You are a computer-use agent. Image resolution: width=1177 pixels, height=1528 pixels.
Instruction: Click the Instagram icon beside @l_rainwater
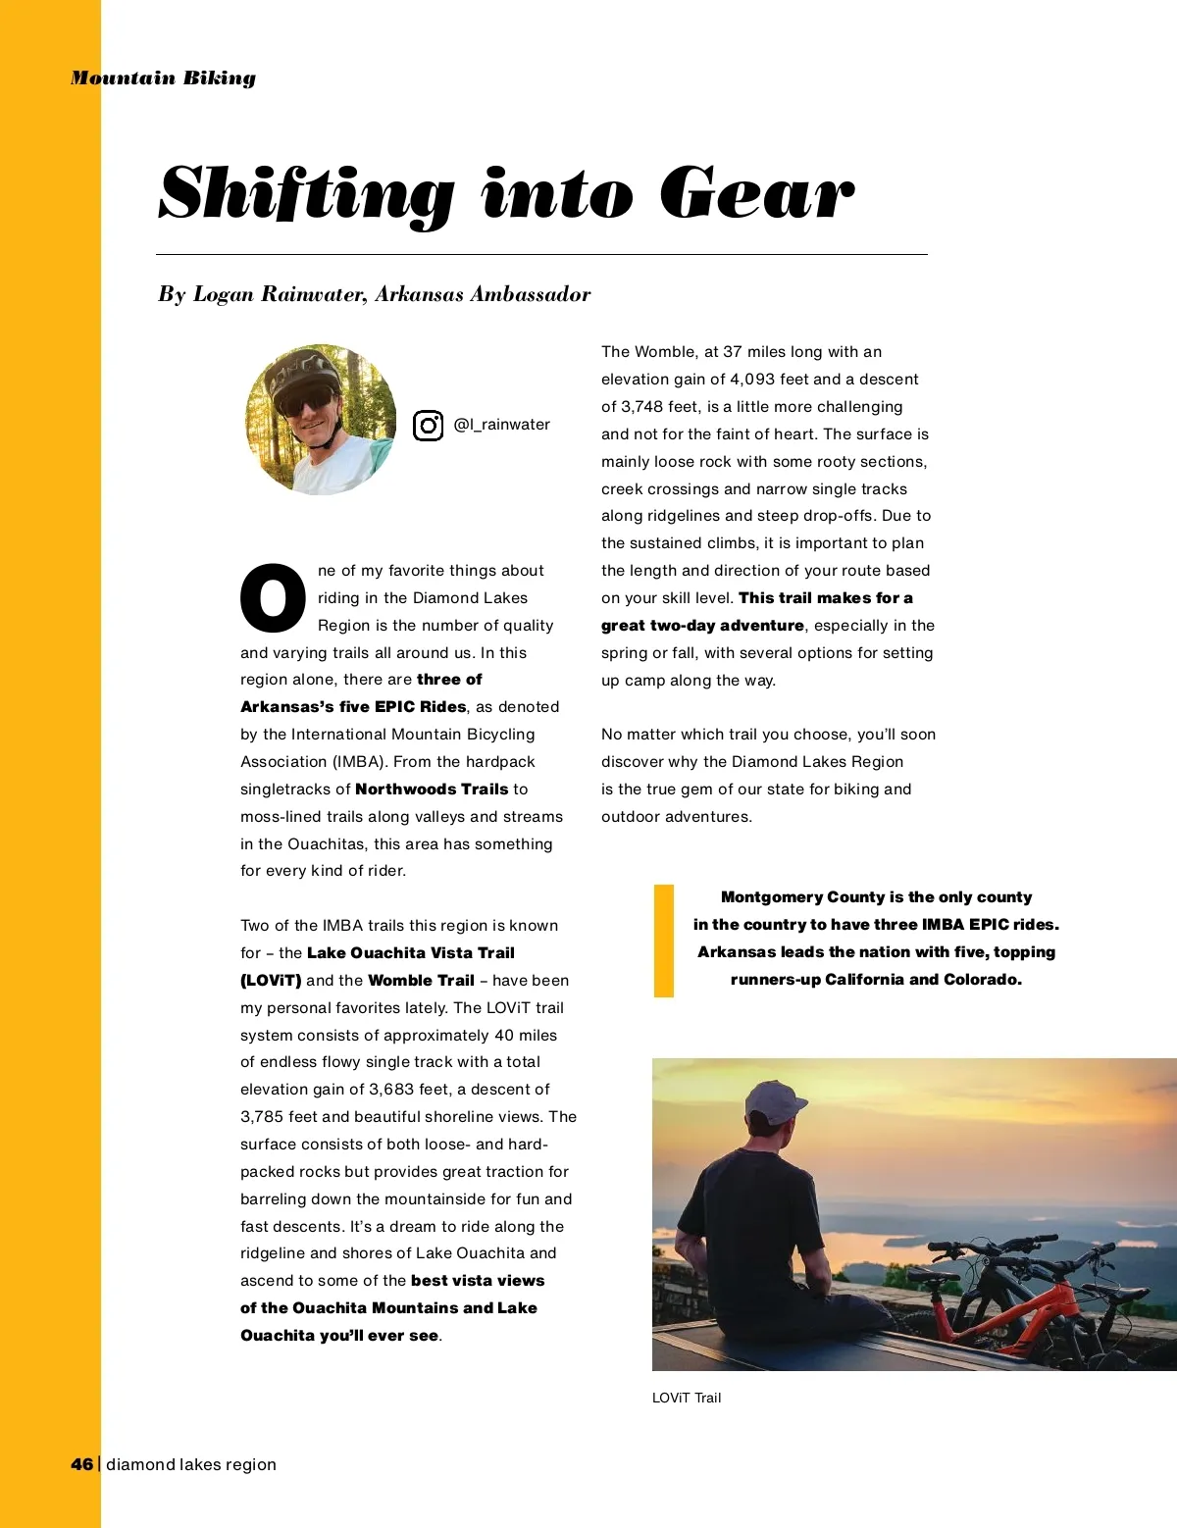[428, 426]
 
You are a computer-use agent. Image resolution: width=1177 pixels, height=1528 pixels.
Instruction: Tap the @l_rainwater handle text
[501, 425]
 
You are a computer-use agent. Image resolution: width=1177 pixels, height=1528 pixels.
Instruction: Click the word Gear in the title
[756, 193]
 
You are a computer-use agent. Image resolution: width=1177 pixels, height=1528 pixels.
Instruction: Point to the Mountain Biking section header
[163, 78]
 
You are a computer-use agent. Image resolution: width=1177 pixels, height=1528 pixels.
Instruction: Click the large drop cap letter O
[273, 597]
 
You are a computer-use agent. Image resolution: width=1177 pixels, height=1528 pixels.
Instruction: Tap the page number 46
[81, 1464]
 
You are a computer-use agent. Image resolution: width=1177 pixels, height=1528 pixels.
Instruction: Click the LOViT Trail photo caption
[687, 1398]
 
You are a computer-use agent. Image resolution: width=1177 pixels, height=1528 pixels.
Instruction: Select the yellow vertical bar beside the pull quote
[664, 941]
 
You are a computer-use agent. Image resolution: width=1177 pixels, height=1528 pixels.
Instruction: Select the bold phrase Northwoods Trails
[432, 789]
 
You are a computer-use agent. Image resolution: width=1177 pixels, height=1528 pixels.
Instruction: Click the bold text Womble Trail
[421, 981]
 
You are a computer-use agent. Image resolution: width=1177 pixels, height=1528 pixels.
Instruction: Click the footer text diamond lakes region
[191, 1464]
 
